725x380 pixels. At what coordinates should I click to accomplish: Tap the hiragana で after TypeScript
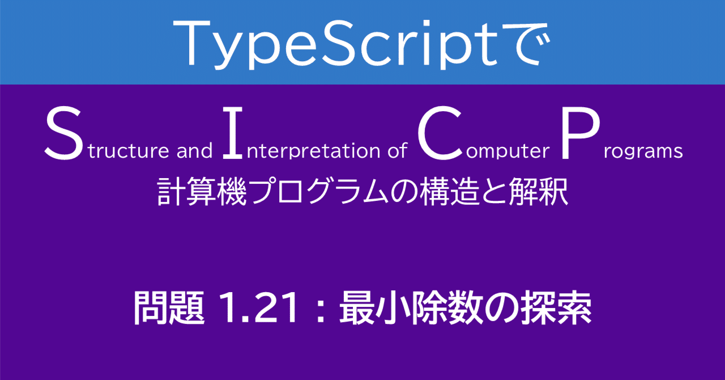(521, 44)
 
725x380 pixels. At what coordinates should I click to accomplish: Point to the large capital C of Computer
(437, 134)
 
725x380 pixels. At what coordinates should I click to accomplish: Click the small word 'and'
(194, 151)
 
